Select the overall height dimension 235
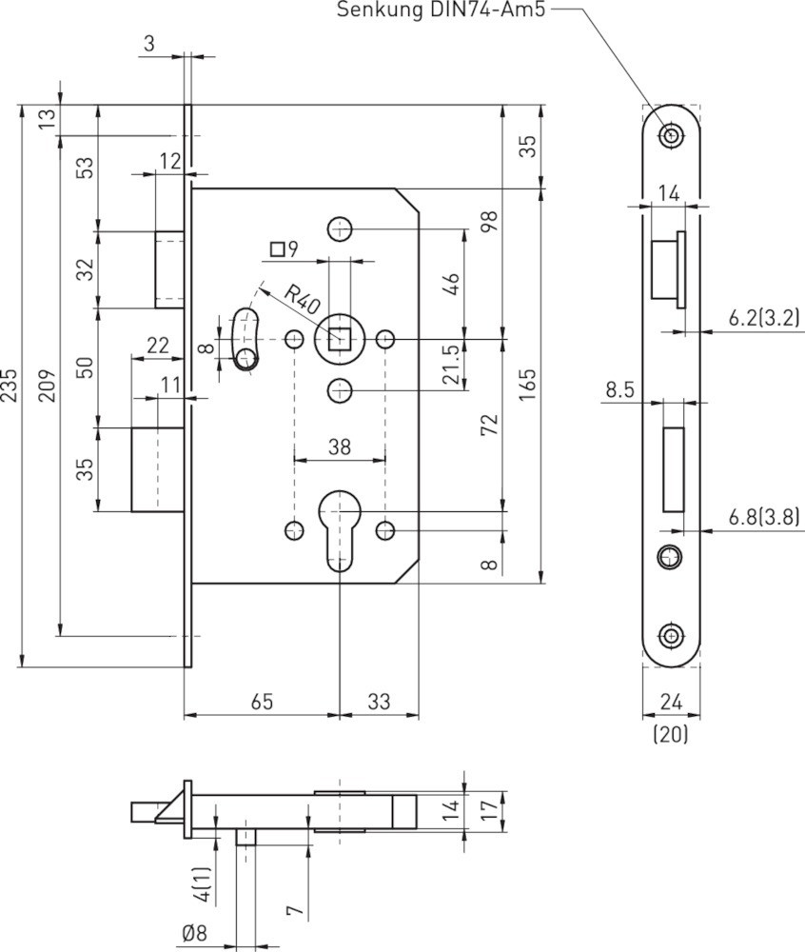point(10,386)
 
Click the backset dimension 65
point(262,702)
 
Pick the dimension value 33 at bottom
point(379,702)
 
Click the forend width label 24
point(670,702)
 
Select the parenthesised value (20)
point(670,734)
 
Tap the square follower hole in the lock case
point(340,338)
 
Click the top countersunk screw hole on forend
point(673,135)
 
